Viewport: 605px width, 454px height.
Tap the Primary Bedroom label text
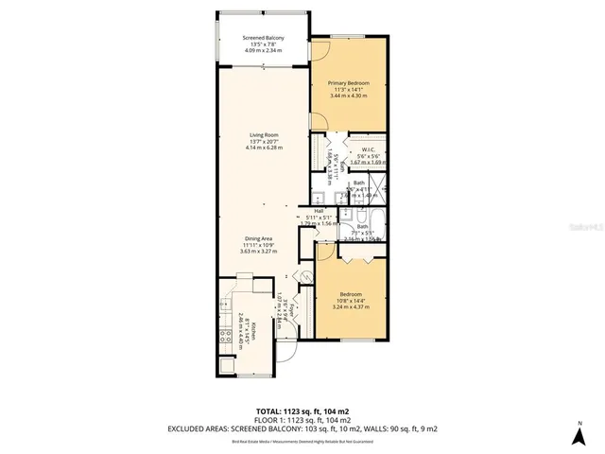[349, 83]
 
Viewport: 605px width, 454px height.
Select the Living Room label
[264, 135]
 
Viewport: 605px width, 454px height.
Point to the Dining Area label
[259, 238]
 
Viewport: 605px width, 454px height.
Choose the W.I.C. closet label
[369, 149]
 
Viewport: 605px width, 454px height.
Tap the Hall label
[319, 211]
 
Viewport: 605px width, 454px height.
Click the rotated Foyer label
[293, 310]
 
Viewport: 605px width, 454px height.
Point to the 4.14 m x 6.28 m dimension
[264, 148]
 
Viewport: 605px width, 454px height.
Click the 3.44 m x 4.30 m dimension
[349, 96]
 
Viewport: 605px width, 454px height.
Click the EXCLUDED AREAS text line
[302, 428]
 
